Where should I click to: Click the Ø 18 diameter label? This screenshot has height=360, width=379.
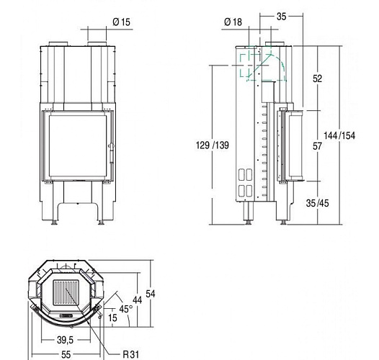click(232, 22)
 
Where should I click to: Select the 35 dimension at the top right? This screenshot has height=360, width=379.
click(281, 14)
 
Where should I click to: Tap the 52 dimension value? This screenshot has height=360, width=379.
click(317, 79)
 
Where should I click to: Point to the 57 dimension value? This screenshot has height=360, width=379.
click(317, 145)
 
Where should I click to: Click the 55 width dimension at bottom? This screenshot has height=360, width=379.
click(65, 354)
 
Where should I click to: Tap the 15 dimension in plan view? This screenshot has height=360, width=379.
click(112, 318)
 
